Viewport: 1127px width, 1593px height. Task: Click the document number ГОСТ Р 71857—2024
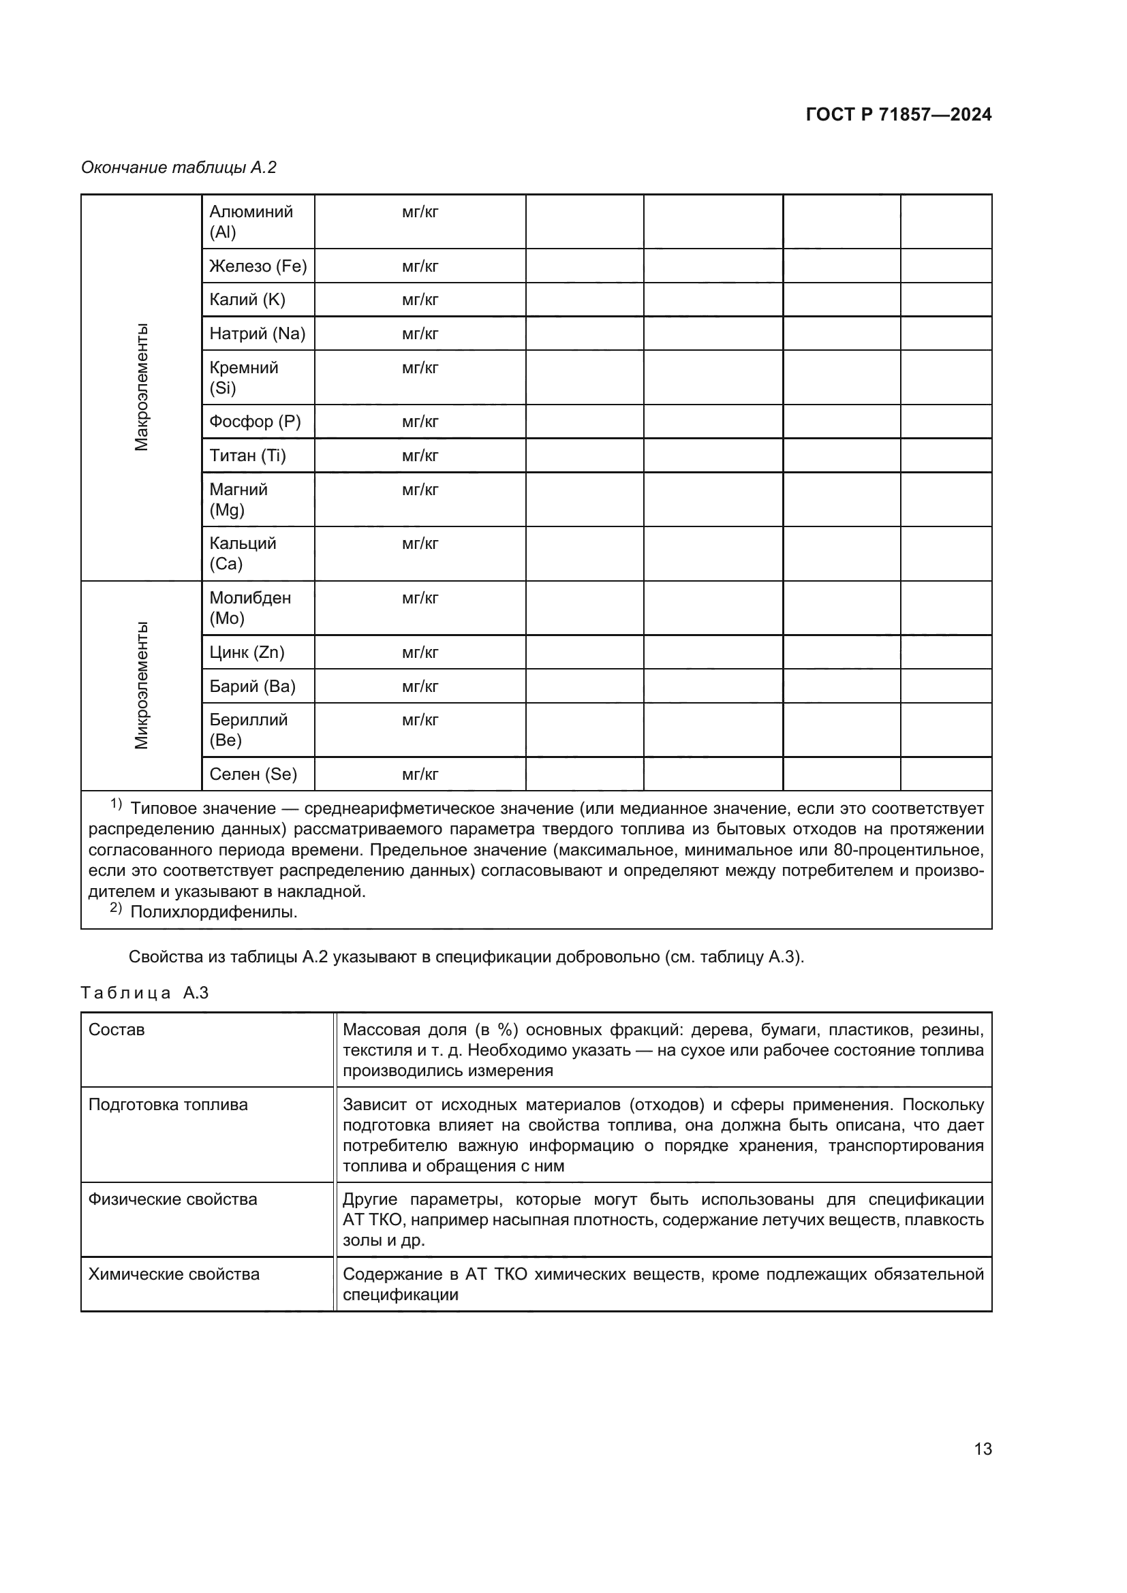pos(899,114)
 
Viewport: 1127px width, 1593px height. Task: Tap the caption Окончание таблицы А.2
pos(179,168)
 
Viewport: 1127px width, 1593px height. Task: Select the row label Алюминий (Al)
pos(251,221)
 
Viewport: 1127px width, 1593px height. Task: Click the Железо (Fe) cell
pos(258,266)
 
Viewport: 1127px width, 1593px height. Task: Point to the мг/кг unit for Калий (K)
pos(420,300)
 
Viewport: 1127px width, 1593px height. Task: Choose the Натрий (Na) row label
pos(258,334)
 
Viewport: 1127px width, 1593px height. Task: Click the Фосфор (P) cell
pos(255,422)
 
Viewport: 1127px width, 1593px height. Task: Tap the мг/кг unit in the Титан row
pos(420,456)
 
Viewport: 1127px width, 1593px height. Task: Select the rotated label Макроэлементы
pos(142,387)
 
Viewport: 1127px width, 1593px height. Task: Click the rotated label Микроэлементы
pos(142,686)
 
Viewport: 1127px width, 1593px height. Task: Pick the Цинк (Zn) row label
pos(247,652)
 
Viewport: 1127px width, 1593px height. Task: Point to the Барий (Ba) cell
pos(252,687)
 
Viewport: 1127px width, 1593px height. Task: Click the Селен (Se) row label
pos(253,774)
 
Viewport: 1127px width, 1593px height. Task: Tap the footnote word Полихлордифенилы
pos(214,912)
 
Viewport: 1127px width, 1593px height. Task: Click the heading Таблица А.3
pos(144,993)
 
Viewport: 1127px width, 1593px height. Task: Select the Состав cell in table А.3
pos(117,1030)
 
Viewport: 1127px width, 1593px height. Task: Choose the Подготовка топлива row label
pos(168,1105)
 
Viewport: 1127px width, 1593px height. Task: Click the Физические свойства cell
pos(172,1199)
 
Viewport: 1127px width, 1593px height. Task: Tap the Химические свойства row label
pos(174,1274)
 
